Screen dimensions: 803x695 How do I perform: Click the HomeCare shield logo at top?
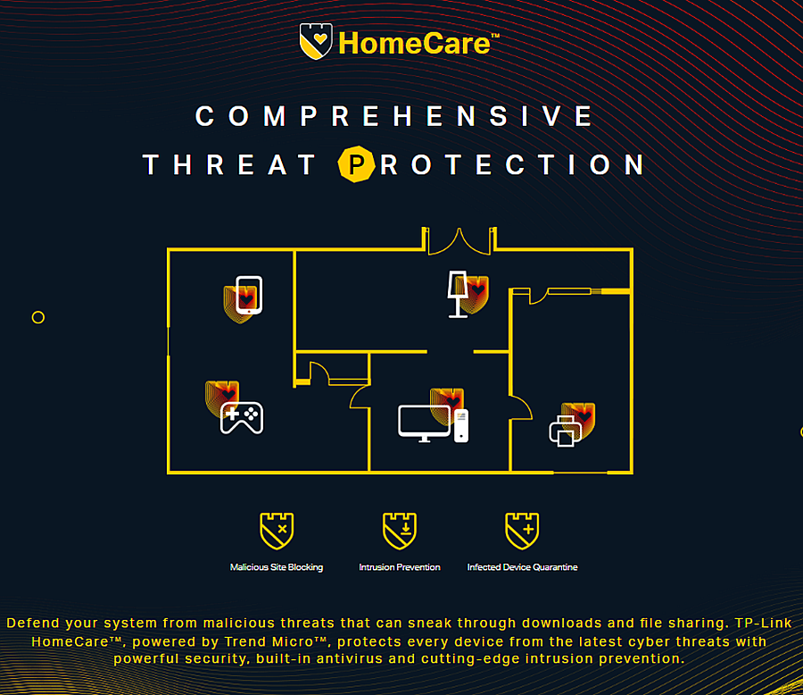pyautogui.click(x=316, y=41)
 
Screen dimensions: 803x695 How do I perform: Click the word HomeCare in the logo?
pyautogui.click(x=414, y=43)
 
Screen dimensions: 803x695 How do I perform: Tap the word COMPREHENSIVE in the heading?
pyautogui.click(x=393, y=116)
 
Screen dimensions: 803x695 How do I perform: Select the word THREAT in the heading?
pyautogui.click(x=229, y=164)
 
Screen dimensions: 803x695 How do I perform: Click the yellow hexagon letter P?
pyautogui.click(x=356, y=164)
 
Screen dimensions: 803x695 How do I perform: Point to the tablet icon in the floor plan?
pyautogui.click(x=249, y=295)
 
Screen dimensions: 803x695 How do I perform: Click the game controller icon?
pyautogui.click(x=242, y=417)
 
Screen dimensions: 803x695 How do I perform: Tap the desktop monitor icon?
pyautogui.click(x=424, y=423)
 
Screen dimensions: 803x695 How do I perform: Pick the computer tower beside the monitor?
pyautogui.click(x=461, y=425)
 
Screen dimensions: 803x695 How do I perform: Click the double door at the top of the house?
pyautogui.click(x=459, y=241)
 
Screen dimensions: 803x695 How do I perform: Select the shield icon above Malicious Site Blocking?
pyautogui.click(x=277, y=531)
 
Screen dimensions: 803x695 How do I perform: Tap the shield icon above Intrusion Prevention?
pyautogui.click(x=400, y=531)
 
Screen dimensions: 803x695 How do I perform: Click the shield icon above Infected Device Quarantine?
pyautogui.click(x=522, y=531)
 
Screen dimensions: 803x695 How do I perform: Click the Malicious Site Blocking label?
pyautogui.click(x=277, y=567)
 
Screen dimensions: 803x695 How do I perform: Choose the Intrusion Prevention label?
pyautogui.click(x=400, y=567)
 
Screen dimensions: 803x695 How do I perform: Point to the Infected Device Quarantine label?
pyautogui.click(x=522, y=567)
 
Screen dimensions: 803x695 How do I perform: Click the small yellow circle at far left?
pyautogui.click(x=37, y=312)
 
